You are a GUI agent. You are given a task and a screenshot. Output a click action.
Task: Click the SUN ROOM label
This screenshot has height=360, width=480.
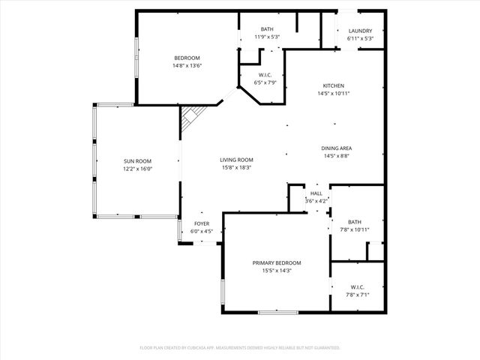(x=138, y=161)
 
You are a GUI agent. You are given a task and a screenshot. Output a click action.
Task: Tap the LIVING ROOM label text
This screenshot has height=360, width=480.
(x=236, y=160)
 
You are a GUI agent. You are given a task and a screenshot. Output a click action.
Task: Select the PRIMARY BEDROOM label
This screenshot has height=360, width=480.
(x=277, y=262)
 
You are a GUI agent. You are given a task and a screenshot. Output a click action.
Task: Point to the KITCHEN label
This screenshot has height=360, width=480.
(x=334, y=85)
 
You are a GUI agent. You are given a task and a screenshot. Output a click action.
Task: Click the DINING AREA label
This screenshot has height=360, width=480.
(x=337, y=148)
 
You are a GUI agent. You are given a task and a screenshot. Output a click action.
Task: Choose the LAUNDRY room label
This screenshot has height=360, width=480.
(x=360, y=31)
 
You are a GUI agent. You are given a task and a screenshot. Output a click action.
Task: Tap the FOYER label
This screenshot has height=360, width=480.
(x=202, y=223)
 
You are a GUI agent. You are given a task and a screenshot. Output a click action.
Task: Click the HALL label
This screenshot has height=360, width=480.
(x=316, y=193)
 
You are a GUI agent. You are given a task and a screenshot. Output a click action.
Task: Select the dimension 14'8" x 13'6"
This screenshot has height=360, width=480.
(x=187, y=65)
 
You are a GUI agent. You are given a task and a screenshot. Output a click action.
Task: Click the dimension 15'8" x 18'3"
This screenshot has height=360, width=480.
(x=236, y=167)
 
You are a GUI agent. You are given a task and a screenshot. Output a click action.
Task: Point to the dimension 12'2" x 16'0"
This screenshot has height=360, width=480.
(x=138, y=169)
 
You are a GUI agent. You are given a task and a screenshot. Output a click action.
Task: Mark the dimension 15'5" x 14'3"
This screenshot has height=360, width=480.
(x=277, y=271)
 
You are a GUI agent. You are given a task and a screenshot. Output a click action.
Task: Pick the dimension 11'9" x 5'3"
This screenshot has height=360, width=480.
(x=256, y=37)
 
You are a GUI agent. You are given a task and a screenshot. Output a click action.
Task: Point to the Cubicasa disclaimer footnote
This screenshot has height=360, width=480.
(x=240, y=348)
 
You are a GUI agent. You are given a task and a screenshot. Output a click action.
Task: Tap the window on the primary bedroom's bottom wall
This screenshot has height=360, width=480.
(x=278, y=312)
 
